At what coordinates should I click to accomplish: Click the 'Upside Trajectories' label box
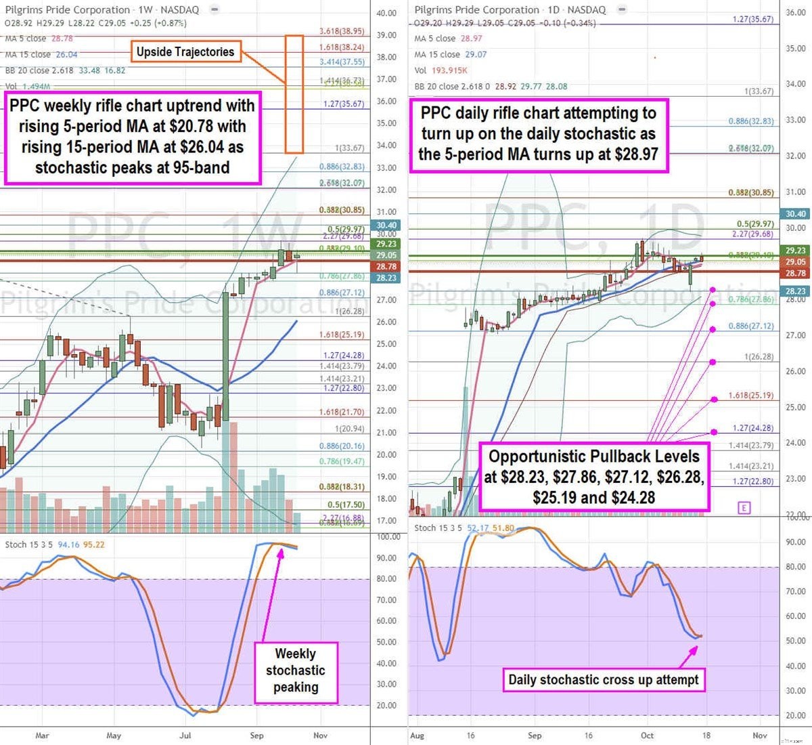[x=185, y=52]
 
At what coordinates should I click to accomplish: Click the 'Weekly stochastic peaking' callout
[x=296, y=670]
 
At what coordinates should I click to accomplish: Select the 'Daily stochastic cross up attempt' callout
[x=604, y=680]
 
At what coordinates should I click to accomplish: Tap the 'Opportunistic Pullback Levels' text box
[x=593, y=477]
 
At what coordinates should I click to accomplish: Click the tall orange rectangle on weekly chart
[x=294, y=93]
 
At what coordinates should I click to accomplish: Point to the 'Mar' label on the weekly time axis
[x=42, y=735]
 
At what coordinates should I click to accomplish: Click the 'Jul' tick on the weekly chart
[x=185, y=735]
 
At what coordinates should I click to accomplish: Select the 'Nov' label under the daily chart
[x=760, y=735]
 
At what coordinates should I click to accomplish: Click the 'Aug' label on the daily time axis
[x=418, y=735]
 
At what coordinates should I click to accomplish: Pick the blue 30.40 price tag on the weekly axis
[x=386, y=226]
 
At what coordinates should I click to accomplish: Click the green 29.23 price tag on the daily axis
[x=796, y=251]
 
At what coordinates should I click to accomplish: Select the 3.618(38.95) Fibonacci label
[x=342, y=32]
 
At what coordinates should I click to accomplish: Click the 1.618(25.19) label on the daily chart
[x=750, y=396]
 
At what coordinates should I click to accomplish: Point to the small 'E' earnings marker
[x=744, y=507]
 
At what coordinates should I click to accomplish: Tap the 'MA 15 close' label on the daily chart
[x=435, y=54]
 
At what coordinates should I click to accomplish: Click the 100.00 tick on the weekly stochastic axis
[x=388, y=537]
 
